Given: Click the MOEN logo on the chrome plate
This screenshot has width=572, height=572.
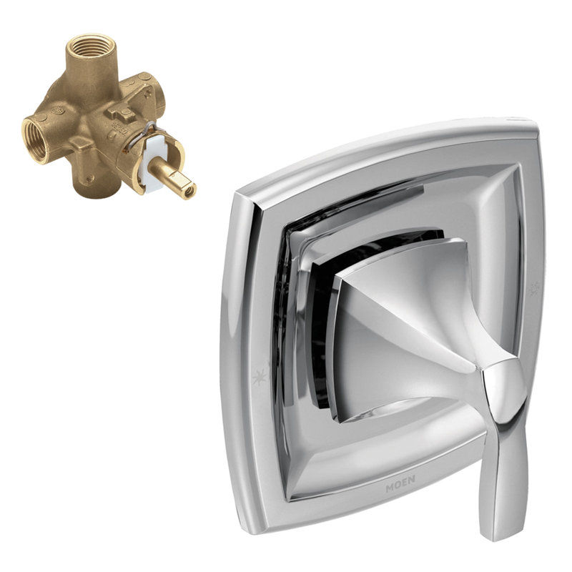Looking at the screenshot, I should click(400, 488).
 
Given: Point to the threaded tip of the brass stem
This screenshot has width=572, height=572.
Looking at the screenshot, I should click(188, 191).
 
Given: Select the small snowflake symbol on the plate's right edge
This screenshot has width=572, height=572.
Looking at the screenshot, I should click(532, 290).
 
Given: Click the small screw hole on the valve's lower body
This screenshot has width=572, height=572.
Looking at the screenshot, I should click(90, 176).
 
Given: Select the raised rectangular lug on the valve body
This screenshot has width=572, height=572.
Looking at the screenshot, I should click(123, 111).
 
